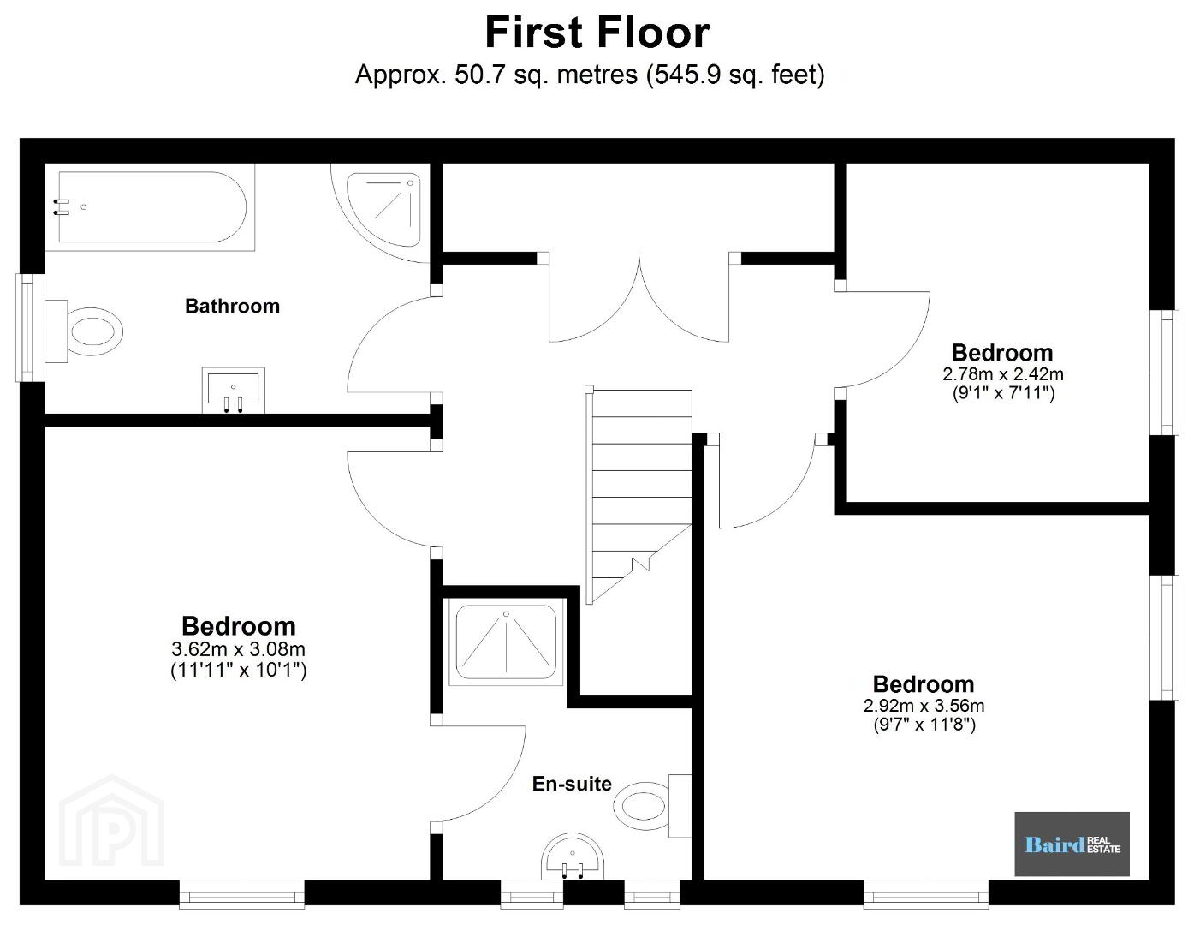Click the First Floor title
(x=597, y=33)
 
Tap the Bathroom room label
(x=232, y=306)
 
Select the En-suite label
(x=572, y=784)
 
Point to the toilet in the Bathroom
(x=84, y=331)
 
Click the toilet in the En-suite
(x=652, y=806)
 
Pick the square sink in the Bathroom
(x=233, y=389)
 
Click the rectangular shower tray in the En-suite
(x=506, y=642)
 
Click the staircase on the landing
(x=639, y=495)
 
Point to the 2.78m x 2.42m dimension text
(x=1003, y=374)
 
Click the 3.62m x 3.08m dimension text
(x=238, y=649)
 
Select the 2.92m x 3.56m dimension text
(x=924, y=706)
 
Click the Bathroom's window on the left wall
(x=30, y=327)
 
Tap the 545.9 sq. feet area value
(x=735, y=75)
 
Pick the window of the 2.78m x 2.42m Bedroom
(x=1164, y=373)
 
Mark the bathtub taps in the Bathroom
(x=61, y=207)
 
